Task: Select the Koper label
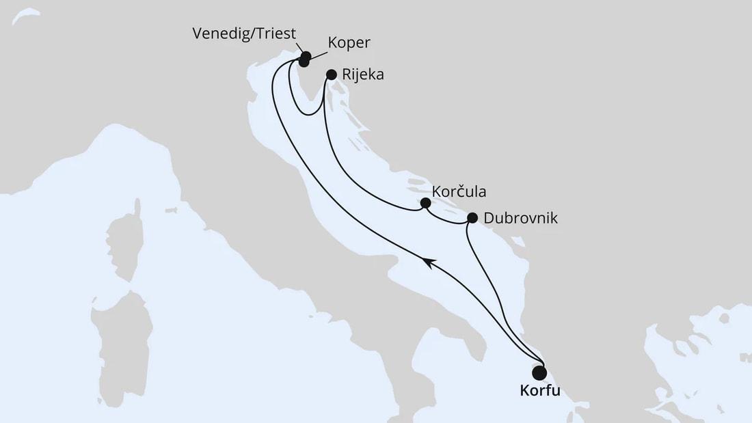pos(348,42)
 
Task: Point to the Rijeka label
pos(364,74)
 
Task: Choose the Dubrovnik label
pos(521,219)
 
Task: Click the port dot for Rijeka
pos(332,74)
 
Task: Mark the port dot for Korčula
pos(425,202)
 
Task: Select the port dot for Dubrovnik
pos(472,218)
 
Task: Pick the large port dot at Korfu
pos(539,372)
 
